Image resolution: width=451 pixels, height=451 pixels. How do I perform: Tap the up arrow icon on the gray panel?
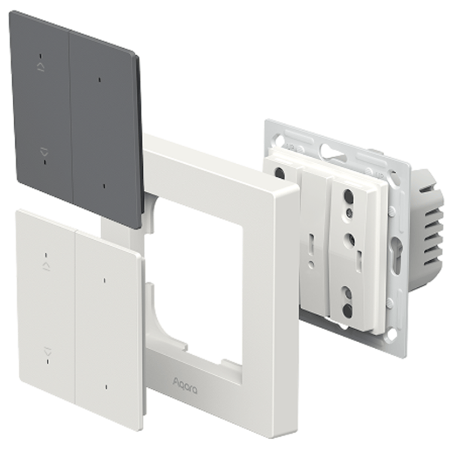[41, 67]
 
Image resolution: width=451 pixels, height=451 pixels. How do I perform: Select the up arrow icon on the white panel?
[47, 266]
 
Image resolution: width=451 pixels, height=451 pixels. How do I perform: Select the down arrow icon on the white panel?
[48, 352]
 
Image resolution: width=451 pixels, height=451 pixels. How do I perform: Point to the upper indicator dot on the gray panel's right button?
[99, 80]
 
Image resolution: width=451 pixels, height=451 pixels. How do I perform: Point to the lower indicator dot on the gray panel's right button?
[104, 186]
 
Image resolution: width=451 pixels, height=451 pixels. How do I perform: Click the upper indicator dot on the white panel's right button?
[104, 280]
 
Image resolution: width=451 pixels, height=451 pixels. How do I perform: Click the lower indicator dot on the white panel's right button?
[107, 387]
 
